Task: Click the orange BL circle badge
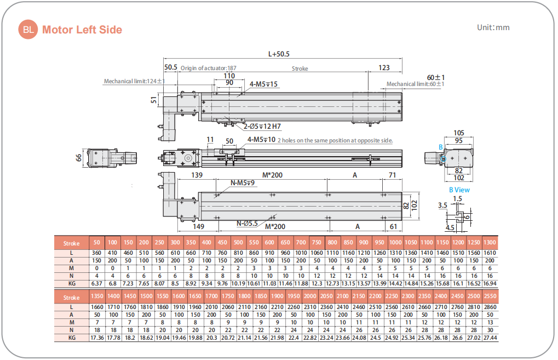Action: coord(28,30)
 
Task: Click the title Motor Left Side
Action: coord(82,30)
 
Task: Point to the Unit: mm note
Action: coord(493,27)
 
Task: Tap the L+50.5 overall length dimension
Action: coord(279,54)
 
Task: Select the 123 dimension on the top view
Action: coord(384,68)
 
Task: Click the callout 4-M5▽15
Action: coord(264,84)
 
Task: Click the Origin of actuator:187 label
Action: coord(209,68)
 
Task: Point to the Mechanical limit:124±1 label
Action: coord(135,82)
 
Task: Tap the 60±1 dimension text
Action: coord(436,77)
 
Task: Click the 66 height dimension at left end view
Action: coord(78,158)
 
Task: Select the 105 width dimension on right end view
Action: coord(459,133)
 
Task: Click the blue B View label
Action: coord(459,190)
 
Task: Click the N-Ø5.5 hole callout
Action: coord(248,224)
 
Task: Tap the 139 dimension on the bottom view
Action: coord(198,175)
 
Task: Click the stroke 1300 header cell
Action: coord(490,243)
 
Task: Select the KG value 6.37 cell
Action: coord(97,283)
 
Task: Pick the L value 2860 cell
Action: coord(490,307)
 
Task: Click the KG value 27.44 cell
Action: coord(490,338)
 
